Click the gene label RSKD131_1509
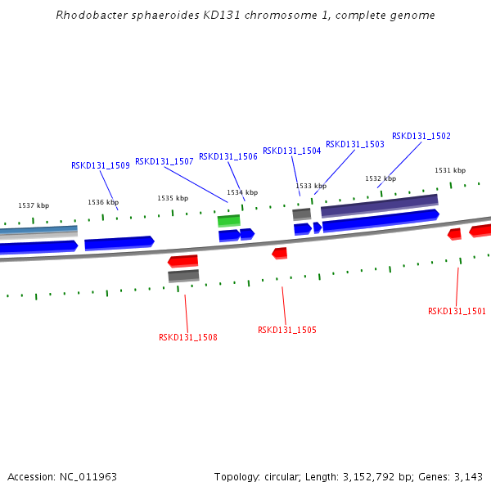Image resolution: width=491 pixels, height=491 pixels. [101, 165]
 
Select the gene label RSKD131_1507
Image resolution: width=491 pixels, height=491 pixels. [164, 161]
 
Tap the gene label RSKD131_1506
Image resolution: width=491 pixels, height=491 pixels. [228, 156]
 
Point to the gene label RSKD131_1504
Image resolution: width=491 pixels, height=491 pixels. [291, 151]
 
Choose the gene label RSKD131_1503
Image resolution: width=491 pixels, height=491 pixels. [355, 144]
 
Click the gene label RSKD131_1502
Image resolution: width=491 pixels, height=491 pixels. [421, 136]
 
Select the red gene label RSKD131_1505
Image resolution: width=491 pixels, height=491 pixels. [286, 330]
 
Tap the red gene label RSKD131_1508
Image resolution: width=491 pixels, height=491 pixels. [188, 336]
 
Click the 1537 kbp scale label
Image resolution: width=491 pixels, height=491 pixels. [34, 205]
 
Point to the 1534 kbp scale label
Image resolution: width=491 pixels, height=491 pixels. [242, 192]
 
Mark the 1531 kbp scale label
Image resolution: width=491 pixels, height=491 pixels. [450, 170]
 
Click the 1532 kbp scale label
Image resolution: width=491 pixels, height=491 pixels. [381, 178]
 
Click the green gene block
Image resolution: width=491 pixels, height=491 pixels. [228, 220]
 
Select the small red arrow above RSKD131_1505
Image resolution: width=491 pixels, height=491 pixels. [280, 253]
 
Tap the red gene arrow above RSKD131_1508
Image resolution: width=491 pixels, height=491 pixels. [183, 261]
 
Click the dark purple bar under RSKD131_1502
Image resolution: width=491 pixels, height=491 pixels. [379, 205]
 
